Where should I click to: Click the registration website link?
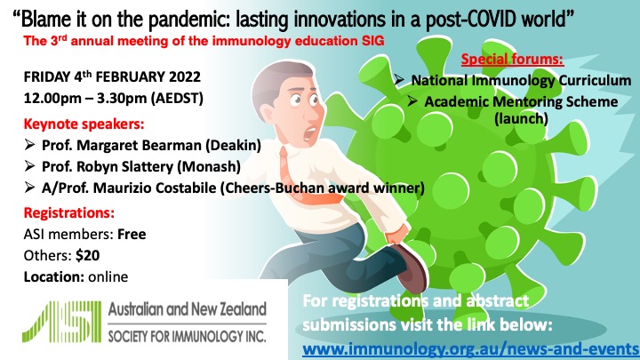(x=470, y=349)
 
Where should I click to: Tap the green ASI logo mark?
(x=61, y=321)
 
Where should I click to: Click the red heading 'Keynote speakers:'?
(x=84, y=124)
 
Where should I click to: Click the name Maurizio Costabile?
(x=155, y=188)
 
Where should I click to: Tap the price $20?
(x=88, y=255)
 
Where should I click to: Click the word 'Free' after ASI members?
(x=132, y=234)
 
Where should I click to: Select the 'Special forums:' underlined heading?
(x=512, y=60)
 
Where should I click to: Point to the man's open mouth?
(x=311, y=132)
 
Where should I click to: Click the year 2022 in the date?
(x=185, y=76)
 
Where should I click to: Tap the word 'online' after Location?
(x=108, y=276)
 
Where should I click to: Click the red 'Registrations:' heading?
(x=69, y=213)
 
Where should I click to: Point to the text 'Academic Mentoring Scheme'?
(x=521, y=101)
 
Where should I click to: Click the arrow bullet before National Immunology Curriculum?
(x=400, y=79)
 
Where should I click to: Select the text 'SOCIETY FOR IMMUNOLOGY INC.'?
(x=187, y=336)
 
